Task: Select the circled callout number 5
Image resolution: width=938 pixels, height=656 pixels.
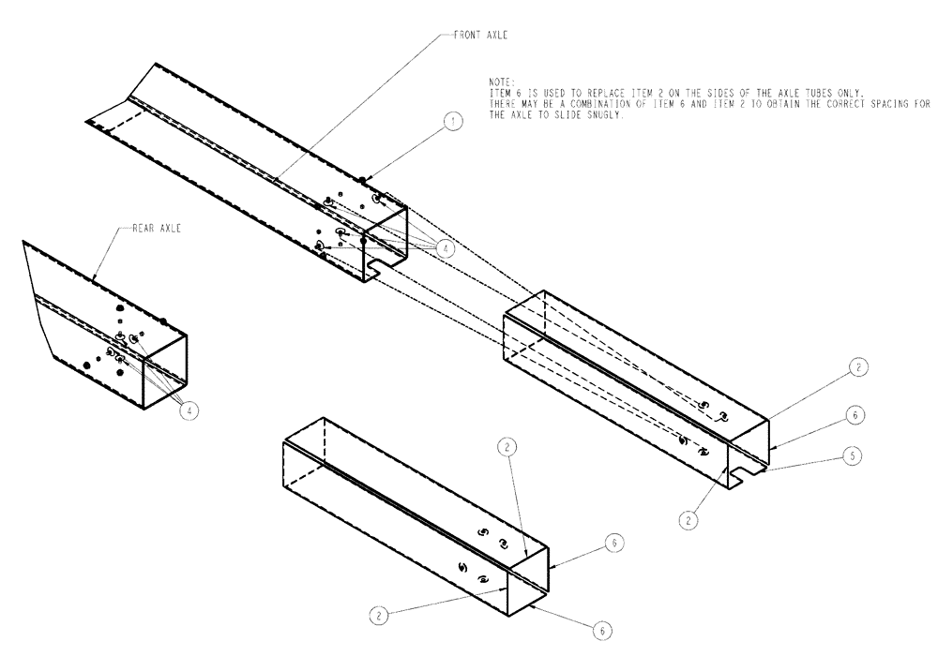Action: tap(852, 456)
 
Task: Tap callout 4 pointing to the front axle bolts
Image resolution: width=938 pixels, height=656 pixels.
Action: tap(445, 247)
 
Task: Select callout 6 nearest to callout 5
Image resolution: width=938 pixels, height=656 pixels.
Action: tap(854, 413)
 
